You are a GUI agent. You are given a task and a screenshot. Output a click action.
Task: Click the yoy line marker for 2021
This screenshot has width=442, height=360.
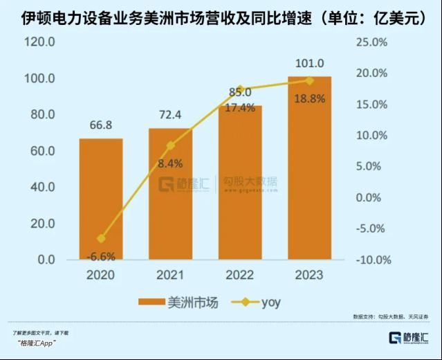(171, 145)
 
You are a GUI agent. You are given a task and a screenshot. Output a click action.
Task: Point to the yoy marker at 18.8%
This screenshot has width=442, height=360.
(309, 81)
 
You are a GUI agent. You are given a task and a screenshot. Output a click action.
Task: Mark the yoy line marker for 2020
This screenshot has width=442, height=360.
(101, 239)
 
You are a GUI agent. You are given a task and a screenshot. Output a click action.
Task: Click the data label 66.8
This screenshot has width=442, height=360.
(101, 125)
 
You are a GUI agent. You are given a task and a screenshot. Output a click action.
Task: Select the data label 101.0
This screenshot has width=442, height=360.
(309, 64)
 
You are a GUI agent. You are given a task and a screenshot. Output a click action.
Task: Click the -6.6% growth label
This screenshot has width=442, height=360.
(101, 254)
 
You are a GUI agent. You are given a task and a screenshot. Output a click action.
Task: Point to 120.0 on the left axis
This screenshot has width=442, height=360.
(40, 42)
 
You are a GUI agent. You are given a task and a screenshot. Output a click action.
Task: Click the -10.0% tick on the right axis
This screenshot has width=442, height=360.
(373, 260)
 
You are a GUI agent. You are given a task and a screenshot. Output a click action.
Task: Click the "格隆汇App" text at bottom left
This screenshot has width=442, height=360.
(35, 343)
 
